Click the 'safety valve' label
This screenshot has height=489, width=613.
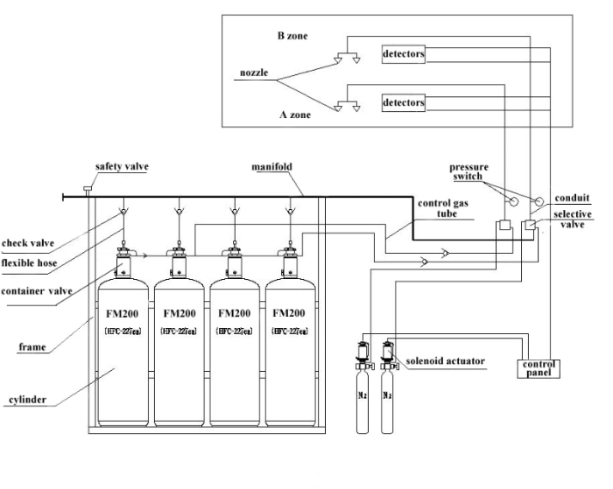tap(123, 167)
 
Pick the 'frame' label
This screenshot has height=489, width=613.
tap(32, 346)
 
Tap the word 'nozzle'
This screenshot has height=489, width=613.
tap(253, 73)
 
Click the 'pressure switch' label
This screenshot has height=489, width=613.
tap(469, 171)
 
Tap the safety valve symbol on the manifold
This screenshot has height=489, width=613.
tap(88, 191)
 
